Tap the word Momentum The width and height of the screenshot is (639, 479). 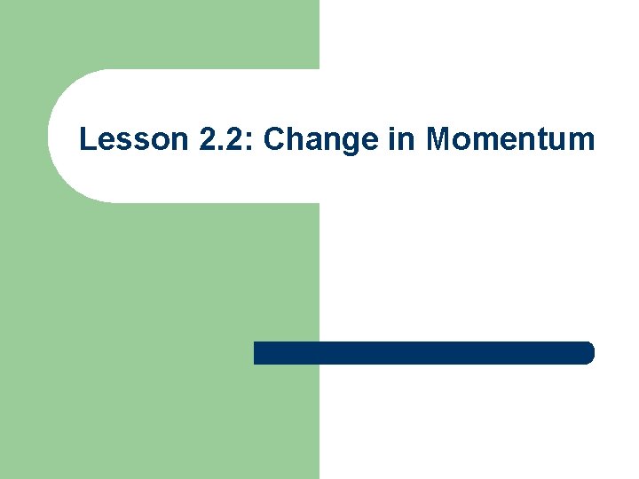[509, 139]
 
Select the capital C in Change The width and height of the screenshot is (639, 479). [275, 139]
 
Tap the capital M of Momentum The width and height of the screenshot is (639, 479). [438, 139]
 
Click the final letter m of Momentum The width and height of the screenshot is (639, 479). [580, 143]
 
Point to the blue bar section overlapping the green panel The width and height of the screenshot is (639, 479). [286, 352]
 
